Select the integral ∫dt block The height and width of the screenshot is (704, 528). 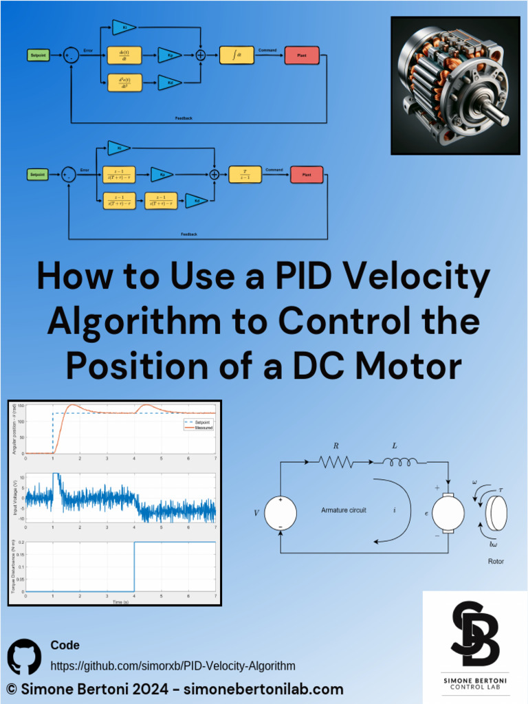236,55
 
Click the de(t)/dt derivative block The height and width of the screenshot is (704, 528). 124,55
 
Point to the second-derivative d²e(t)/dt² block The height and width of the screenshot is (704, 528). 124,83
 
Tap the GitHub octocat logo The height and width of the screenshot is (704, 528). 25,657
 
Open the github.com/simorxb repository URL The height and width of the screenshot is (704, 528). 173,665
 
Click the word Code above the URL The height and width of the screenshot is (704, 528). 65,645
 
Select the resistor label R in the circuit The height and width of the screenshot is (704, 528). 336,446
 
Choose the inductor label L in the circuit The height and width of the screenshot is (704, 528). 395,446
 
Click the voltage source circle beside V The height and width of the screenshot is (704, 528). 280,513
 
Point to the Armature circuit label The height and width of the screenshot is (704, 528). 344,510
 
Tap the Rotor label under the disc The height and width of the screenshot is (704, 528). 496,562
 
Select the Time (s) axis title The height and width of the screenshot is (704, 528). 121,602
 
